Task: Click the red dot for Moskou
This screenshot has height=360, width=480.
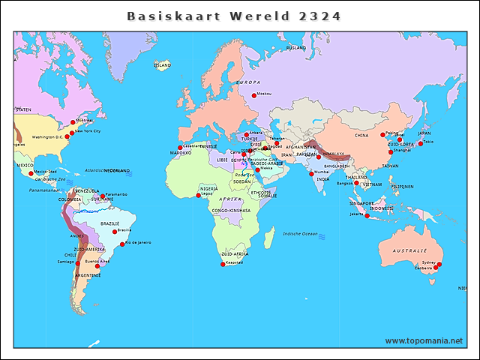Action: pyautogui.click(x=253, y=95)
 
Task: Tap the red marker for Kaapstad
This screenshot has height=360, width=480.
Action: pyautogui.click(x=223, y=264)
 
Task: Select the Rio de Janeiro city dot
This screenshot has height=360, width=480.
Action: pyautogui.click(x=122, y=244)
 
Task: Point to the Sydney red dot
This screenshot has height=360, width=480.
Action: pyautogui.click(x=439, y=264)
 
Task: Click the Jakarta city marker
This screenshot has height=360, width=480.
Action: pyautogui.click(x=367, y=216)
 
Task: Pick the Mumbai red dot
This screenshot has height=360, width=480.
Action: pyautogui.click(x=310, y=174)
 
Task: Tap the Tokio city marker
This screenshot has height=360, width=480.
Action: pyautogui.click(x=420, y=143)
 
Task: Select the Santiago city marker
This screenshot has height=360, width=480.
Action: pyautogui.click(x=78, y=263)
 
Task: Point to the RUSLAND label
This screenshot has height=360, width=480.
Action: pyautogui.click(x=296, y=47)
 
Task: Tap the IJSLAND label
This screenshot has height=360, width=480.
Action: pyautogui.click(x=162, y=65)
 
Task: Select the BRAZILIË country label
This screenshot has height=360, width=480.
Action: pyautogui.click(x=110, y=223)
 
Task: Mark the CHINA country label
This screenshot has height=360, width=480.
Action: pyautogui.click(x=362, y=136)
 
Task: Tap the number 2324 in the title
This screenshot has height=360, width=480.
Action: pyautogui.click(x=319, y=16)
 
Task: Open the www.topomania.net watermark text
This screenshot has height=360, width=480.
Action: pyautogui.click(x=424, y=340)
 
